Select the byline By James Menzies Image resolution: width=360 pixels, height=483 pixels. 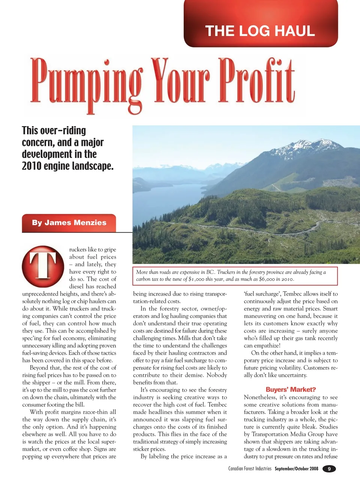pyautogui.click(x=69, y=223)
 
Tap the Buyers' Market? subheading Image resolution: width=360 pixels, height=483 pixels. pyautogui.click(x=291, y=390)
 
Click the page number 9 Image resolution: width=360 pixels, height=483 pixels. pyautogui.click(x=329, y=469)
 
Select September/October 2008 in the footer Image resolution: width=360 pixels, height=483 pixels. pyautogui.click(x=296, y=469)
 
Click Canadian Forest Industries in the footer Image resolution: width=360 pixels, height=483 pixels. pyautogui.click(x=250, y=469)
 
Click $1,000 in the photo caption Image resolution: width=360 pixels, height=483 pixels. pyautogui.click(x=196, y=279)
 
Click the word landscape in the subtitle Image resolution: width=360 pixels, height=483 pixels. pyautogui.click(x=93, y=166)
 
